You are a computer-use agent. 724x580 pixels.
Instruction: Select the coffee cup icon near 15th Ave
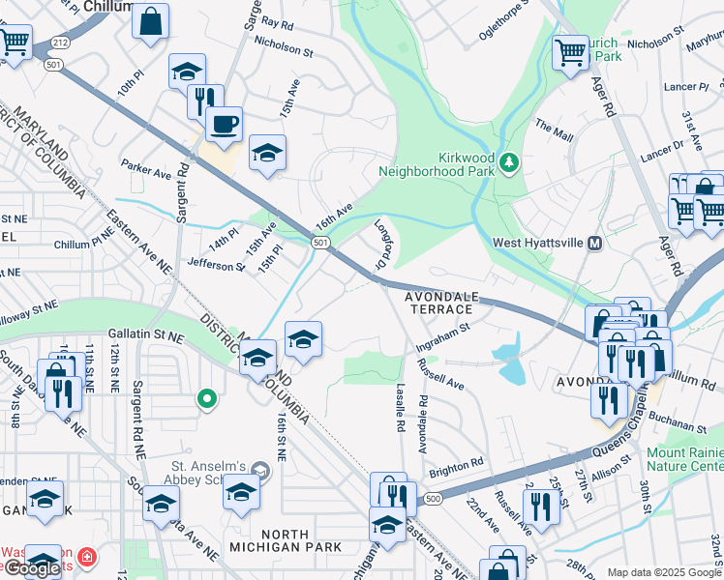point(224,124)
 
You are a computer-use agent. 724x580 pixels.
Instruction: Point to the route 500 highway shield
point(433,498)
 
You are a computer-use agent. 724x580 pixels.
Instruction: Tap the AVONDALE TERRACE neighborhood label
point(438,301)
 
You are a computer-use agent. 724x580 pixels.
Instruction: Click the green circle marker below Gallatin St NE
point(205,397)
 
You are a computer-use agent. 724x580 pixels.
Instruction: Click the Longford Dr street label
point(385,246)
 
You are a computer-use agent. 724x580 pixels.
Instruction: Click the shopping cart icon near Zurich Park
point(570,52)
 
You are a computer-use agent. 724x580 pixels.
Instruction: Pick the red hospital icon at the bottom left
point(86,558)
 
